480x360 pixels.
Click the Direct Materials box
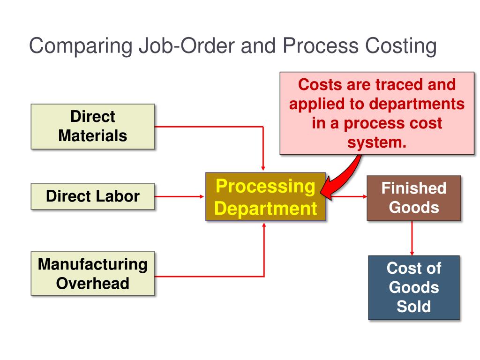[x=93, y=127]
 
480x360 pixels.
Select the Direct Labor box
[x=93, y=196]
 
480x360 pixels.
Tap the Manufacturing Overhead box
[x=93, y=273]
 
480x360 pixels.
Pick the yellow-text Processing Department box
[x=265, y=196]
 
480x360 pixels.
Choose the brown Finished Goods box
[x=414, y=198]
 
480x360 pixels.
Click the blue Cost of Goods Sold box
[x=414, y=287]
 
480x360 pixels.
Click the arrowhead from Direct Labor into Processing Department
[x=202, y=196]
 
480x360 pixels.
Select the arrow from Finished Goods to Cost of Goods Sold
[x=412, y=238]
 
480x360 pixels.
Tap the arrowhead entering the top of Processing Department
[x=263, y=168]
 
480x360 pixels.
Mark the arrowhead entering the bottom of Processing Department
[x=264, y=225]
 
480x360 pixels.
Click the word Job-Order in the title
[x=187, y=46]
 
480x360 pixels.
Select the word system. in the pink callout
[x=377, y=142]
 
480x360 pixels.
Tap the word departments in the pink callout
[x=417, y=104]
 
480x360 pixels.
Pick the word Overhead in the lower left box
[x=93, y=283]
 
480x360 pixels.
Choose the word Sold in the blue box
[x=414, y=307]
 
